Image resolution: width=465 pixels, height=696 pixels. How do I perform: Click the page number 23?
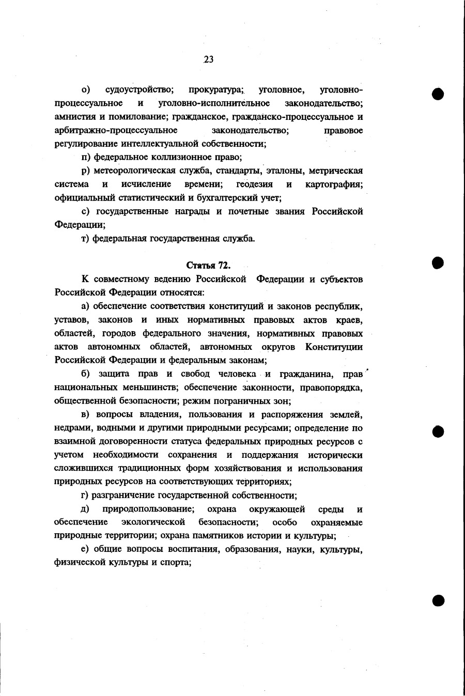pos(209,59)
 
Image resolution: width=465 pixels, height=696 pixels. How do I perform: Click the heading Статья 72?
pos(208,266)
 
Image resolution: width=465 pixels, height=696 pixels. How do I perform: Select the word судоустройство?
pos(139,90)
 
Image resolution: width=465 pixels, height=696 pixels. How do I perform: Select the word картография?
pos(333,184)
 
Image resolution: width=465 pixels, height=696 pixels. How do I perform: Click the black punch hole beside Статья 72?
pos(438,262)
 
